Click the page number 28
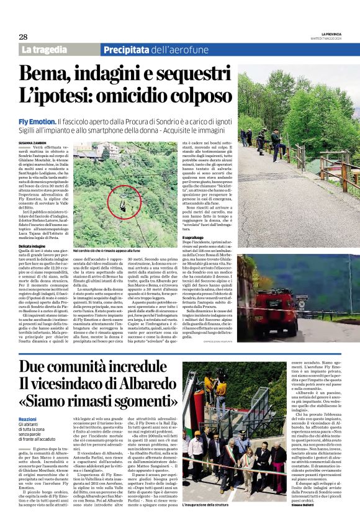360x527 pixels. click(24, 37)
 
